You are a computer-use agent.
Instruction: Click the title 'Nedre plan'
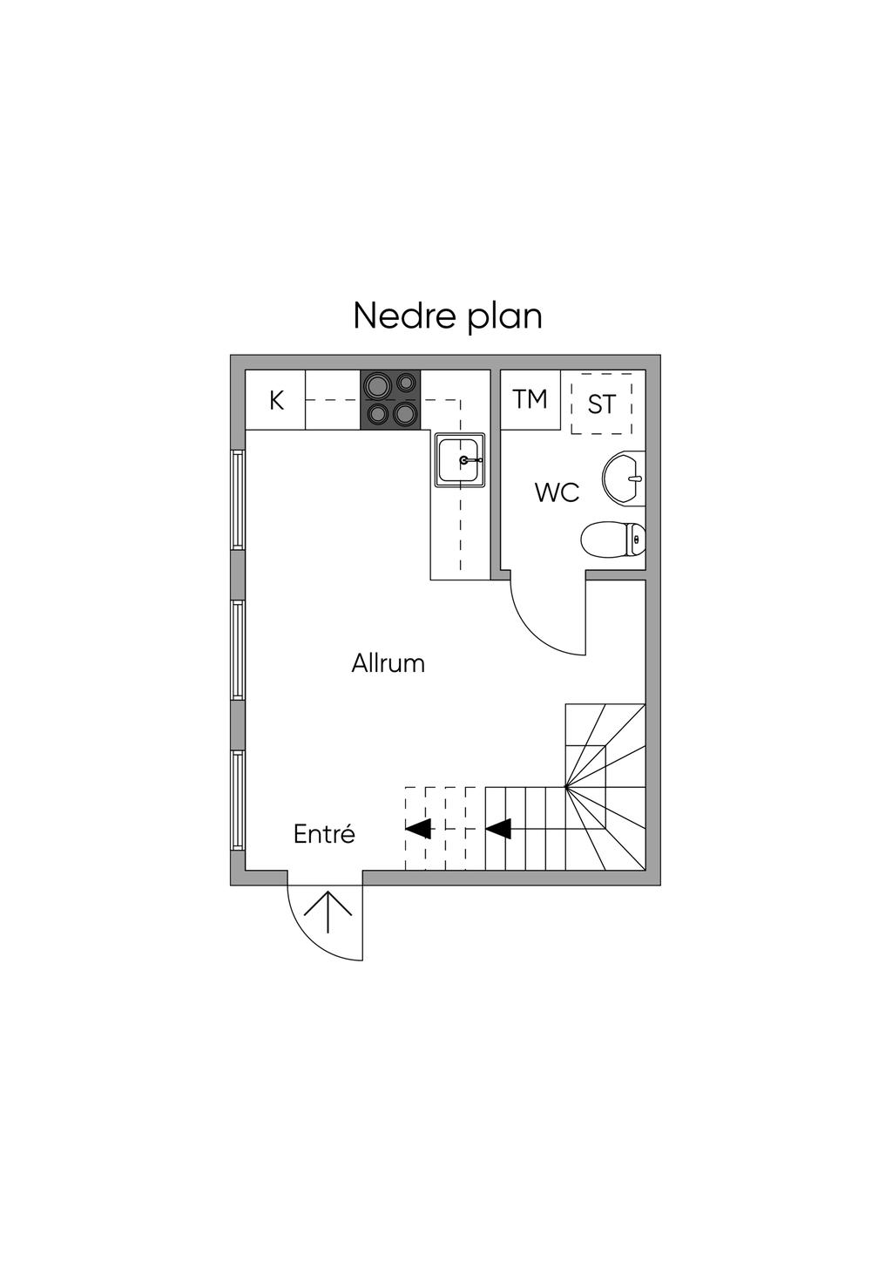point(448,315)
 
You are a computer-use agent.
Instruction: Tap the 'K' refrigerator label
point(276,401)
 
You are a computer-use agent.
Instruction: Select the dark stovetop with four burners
point(390,399)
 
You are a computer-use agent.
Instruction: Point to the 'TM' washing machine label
point(530,399)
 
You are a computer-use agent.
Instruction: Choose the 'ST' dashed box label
point(601,404)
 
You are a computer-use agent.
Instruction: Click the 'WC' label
point(557,492)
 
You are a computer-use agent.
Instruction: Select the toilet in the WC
point(613,539)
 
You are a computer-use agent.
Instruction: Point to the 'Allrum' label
point(389,663)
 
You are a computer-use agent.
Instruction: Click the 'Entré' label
point(324,834)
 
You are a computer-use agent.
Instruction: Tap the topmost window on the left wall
point(236,499)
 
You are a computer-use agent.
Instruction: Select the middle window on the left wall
point(236,649)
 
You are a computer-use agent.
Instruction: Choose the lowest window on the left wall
point(236,800)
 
